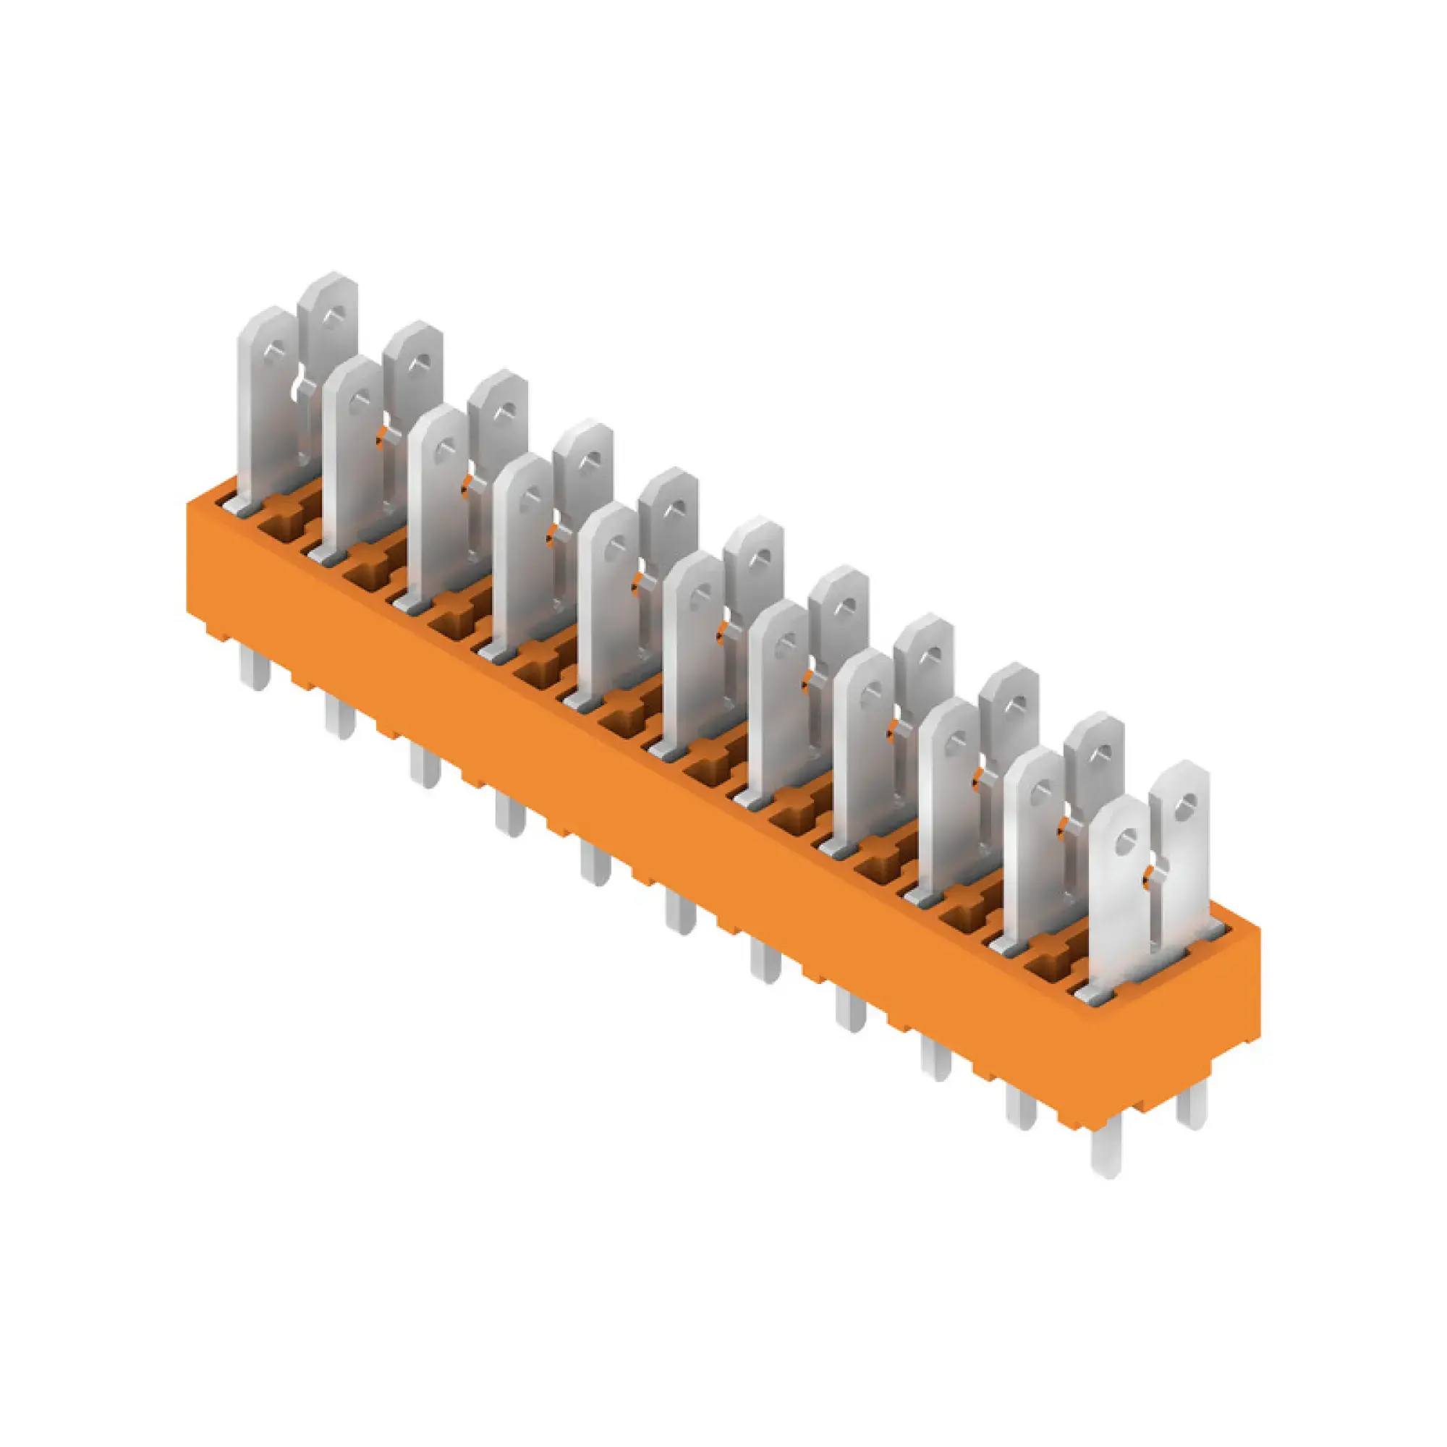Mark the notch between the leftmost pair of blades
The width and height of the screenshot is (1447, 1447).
coord(302,386)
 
